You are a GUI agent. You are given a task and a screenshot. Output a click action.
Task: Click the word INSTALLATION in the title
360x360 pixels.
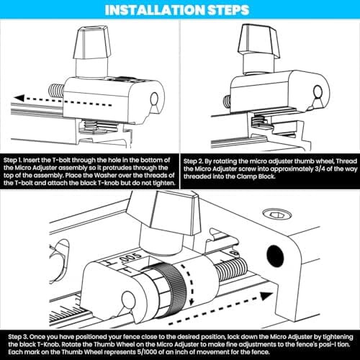click(155, 10)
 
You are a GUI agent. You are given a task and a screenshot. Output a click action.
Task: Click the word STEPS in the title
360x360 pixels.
click(228, 10)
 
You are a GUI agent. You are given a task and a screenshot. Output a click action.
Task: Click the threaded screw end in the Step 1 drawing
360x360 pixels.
click(56, 90)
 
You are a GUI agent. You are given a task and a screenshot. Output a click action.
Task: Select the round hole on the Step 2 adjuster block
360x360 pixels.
click(318, 91)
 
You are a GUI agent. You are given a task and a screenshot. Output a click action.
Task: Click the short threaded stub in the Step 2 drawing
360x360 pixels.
click(227, 101)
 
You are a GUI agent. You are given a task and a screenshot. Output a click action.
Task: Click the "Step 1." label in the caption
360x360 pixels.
click(12, 161)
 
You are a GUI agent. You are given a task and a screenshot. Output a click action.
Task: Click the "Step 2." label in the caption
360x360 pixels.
click(193, 161)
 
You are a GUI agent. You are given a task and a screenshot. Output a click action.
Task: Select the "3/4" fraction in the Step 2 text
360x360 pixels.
click(320, 169)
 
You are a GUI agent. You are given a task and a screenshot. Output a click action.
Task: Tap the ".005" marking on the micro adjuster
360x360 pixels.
click(130, 258)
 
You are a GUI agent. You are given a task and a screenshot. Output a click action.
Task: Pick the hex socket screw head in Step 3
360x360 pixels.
click(277, 214)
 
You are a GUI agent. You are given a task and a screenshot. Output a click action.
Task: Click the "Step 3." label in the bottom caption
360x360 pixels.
click(18, 337)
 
